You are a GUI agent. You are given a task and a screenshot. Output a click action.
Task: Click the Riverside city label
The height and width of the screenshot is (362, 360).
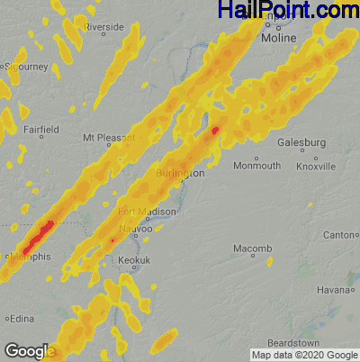click(x=104, y=27)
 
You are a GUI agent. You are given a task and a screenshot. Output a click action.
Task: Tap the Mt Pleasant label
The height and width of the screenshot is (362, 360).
click(x=108, y=138)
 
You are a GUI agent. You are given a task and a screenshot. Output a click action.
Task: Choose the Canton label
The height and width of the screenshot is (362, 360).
click(x=340, y=235)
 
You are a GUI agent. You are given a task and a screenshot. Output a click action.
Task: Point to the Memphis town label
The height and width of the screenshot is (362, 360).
click(x=32, y=257)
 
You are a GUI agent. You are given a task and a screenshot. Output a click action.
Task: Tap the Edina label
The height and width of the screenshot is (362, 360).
click(x=22, y=319)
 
